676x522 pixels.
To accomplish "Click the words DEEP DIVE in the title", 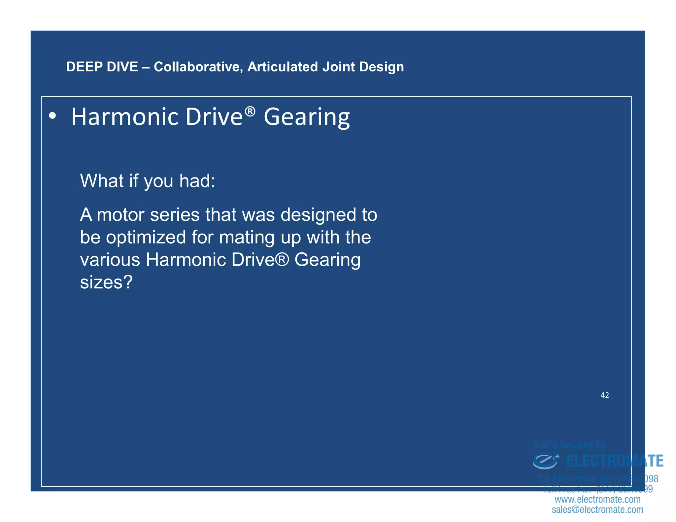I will [102, 67].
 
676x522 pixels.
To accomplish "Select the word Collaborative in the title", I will [198, 67].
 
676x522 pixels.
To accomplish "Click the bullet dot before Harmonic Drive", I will [52, 116].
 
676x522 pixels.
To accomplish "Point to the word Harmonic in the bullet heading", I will [124, 117].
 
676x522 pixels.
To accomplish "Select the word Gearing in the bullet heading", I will [307, 117].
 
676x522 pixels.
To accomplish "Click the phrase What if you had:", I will [148, 181].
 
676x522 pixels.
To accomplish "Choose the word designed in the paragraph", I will [319, 215].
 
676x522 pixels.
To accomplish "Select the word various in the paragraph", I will [110, 260].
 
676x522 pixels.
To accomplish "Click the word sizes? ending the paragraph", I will [106, 282].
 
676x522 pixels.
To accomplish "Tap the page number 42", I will [604, 395].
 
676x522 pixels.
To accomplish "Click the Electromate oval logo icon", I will [545, 461].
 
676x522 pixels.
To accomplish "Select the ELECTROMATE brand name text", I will [615, 461].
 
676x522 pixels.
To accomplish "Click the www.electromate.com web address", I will [597, 499].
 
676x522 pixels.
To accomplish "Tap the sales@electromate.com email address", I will [597, 509].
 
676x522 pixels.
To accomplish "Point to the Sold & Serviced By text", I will [569, 445].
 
